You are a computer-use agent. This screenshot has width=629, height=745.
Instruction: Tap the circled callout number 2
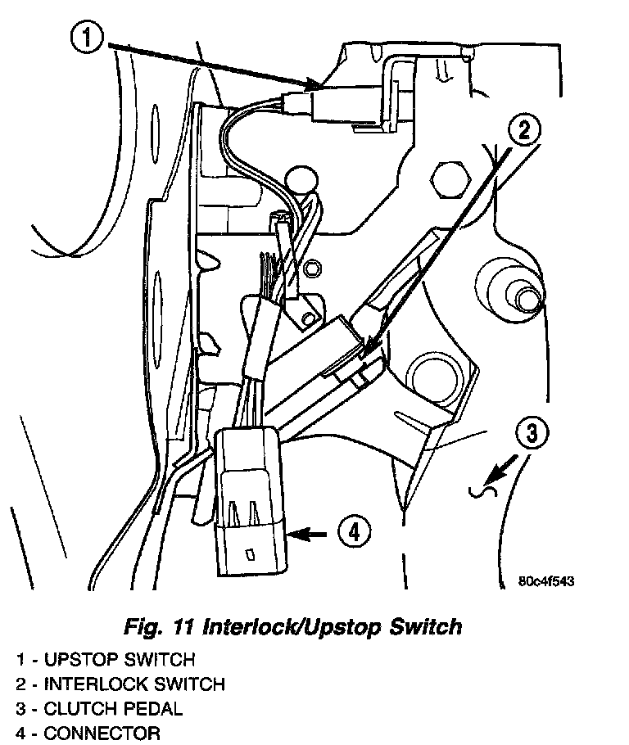pos(524,129)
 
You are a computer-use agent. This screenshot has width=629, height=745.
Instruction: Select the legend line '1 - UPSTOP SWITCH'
pos(104,659)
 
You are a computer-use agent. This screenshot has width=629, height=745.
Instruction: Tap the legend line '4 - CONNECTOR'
pos(88,733)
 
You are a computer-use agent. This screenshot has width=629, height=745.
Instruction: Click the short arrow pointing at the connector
pos(309,534)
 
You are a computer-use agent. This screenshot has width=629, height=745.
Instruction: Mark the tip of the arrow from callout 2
pos(361,352)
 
